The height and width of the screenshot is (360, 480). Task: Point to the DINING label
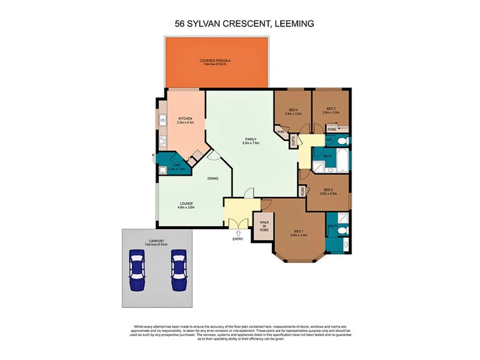pos(213,178)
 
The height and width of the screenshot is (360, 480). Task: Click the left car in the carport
pos(137,270)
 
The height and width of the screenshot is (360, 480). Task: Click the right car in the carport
pos(179,270)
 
